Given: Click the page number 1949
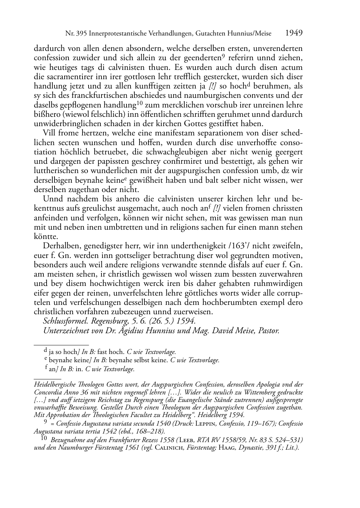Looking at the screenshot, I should [x=294, y=33].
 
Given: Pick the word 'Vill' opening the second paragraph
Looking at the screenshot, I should [x=49, y=133].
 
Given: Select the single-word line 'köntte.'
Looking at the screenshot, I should [x=46, y=237].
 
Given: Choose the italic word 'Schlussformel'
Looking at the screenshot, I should [x=65, y=321].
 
